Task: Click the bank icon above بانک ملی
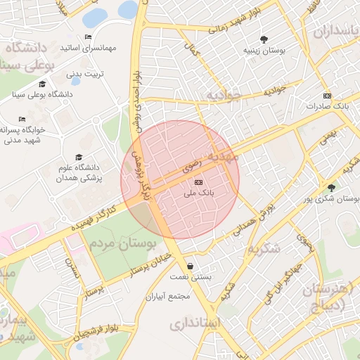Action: [198, 182]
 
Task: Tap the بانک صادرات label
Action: [327, 105]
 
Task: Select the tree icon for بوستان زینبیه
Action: [264, 39]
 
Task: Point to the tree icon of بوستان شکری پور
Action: [331, 187]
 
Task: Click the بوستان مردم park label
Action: [122, 244]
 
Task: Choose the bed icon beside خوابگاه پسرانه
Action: [22, 119]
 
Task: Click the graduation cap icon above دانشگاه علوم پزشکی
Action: [78, 157]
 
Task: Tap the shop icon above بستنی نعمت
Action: [191, 266]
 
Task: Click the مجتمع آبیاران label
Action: [168, 297]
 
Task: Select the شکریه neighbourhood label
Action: [264, 248]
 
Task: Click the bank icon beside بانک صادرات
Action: [327, 95]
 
